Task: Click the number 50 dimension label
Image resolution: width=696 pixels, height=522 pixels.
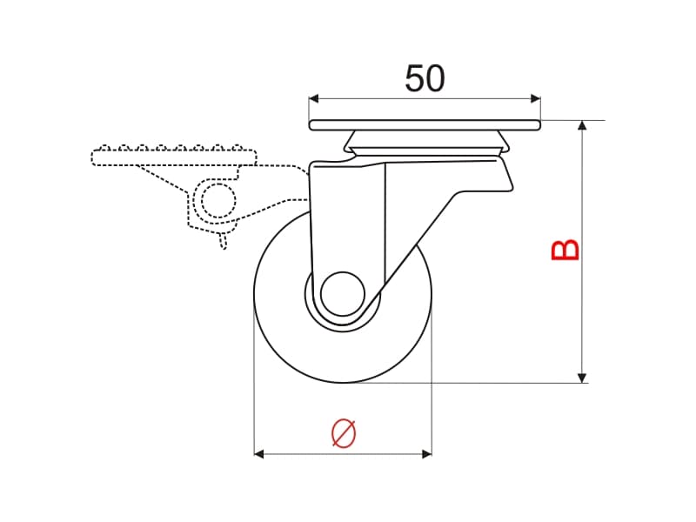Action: pyautogui.click(x=425, y=78)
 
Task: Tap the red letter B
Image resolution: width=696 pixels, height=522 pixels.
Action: pyautogui.click(x=565, y=250)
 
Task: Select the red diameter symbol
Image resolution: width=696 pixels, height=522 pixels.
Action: pyautogui.click(x=344, y=432)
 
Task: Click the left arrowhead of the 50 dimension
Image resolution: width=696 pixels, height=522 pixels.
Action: pyautogui.click(x=314, y=98)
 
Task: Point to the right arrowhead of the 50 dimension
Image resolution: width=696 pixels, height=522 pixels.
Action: pyautogui.click(x=536, y=98)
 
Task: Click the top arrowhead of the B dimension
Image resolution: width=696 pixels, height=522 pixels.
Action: pyautogui.click(x=582, y=124)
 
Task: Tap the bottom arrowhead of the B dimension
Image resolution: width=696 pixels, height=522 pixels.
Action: pyautogui.click(x=582, y=378)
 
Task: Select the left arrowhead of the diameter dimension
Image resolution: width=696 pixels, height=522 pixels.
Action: pyautogui.click(x=258, y=453)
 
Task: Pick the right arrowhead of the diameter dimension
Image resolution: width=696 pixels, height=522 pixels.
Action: pyautogui.click(x=426, y=453)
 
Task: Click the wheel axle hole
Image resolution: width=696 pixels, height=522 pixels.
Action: pyautogui.click(x=342, y=294)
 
